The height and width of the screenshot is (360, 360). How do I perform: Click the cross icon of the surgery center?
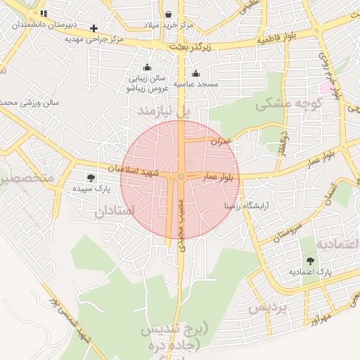click(94, 28)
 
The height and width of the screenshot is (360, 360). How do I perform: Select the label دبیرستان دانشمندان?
click(42, 25)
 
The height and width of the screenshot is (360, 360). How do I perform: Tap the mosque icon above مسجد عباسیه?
click(195, 74)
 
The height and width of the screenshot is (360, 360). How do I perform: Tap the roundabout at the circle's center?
click(181, 176)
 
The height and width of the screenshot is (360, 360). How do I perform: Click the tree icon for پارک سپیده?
click(90, 177)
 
